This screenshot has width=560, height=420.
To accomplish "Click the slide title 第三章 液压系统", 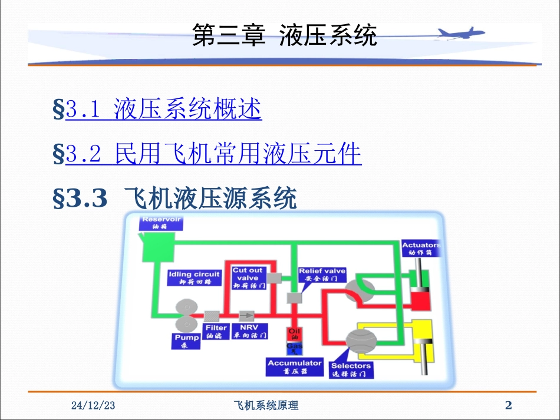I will click(x=285, y=36).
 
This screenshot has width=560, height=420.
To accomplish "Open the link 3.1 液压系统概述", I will click(x=163, y=110).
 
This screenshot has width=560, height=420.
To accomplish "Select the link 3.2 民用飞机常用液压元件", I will click(x=213, y=154).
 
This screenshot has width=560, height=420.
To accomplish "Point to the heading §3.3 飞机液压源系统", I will click(x=175, y=199).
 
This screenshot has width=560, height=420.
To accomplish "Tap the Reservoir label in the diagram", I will click(x=160, y=223).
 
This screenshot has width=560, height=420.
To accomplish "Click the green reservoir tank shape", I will click(x=157, y=248).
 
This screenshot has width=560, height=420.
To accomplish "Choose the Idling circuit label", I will click(x=194, y=277).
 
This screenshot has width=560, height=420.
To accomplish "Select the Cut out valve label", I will click(x=248, y=277).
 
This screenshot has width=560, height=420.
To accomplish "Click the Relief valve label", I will click(x=322, y=275).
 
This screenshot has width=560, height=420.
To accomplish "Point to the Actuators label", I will click(x=421, y=248).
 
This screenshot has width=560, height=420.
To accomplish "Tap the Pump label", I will click(x=187, y=342).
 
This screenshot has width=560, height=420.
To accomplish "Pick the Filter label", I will click(x=216, y=331).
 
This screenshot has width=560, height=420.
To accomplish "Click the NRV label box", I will click(x=249, y=331).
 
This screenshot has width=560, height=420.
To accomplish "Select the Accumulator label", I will click(x=295, y=366).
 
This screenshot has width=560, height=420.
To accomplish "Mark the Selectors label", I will click(x=350, y=369).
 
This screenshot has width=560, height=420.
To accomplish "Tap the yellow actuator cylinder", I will click(x=422, y=342).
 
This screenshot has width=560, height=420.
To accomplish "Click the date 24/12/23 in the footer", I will click(x=93, y=405).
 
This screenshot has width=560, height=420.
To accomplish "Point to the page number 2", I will click(x=509, y=405).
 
